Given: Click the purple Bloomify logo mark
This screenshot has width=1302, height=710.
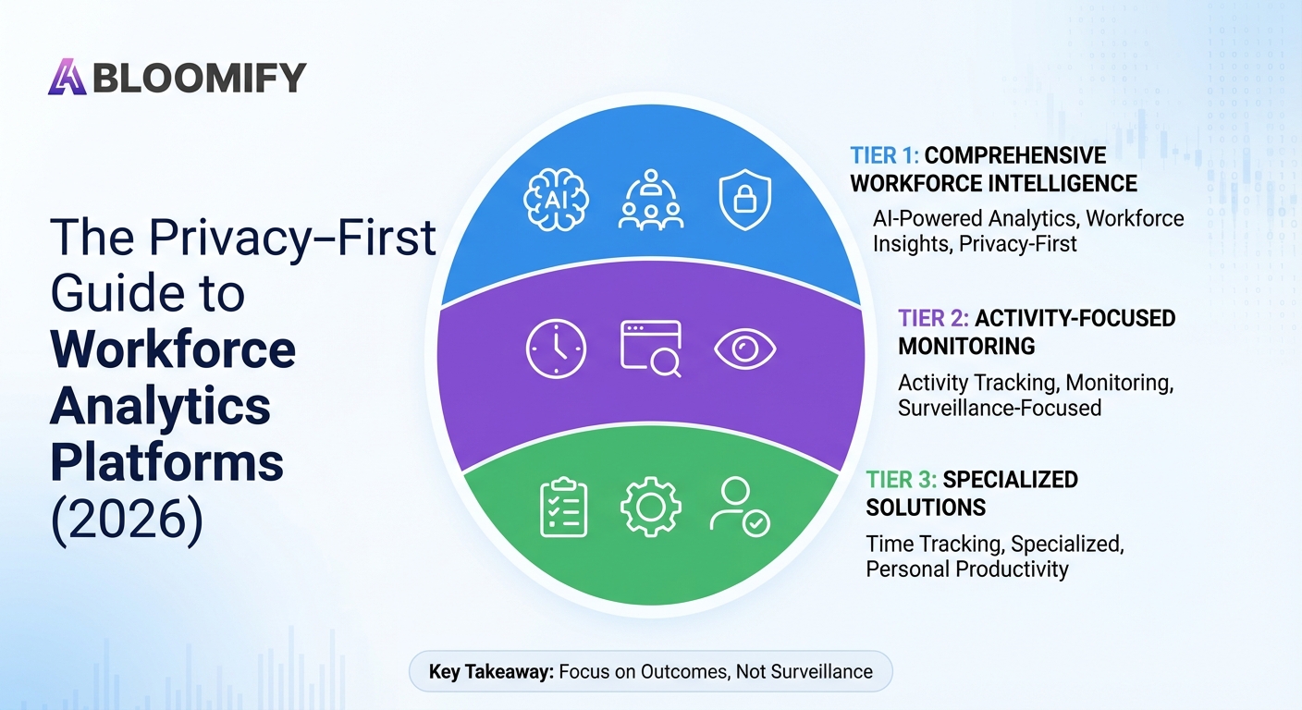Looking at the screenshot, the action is tap(67, 77).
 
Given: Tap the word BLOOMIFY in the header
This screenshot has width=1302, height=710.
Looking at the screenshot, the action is tap(200, 78).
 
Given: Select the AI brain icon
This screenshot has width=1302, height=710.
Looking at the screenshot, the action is tap(556, 200).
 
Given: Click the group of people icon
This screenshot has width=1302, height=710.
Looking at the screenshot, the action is tap(650, 200).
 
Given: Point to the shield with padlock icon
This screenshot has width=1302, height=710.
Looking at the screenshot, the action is tap(745, 200).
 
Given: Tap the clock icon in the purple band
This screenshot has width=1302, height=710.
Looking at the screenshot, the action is tap(556, 349).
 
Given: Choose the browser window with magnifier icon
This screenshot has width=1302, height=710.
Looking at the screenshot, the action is tap(651, 349).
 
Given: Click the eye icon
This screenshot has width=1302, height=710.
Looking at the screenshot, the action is tap(745, 349).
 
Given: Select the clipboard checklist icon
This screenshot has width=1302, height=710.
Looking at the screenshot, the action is tap(563, 508).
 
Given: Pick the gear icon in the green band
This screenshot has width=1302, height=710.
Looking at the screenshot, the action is tap(651, 507).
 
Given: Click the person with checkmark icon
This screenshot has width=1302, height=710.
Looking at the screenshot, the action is tap(740, 507).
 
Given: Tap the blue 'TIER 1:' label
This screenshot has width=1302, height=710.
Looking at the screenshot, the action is tap(884, 155).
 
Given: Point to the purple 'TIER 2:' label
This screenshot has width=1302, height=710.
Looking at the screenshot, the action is tap(933, 318).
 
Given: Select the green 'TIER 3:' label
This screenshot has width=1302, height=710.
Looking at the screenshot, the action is tap(901, 479).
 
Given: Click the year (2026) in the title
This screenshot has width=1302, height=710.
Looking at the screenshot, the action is tap(128, 519).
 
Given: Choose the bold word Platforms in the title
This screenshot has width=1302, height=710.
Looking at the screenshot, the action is tap(166, 462).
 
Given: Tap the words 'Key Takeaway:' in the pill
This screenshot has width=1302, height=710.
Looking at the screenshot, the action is tap(491, 672).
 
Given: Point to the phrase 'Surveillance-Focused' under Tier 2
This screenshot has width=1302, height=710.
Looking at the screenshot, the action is tap(1000, 408).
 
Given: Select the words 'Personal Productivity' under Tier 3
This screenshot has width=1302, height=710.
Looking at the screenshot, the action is tap(967, 569).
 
